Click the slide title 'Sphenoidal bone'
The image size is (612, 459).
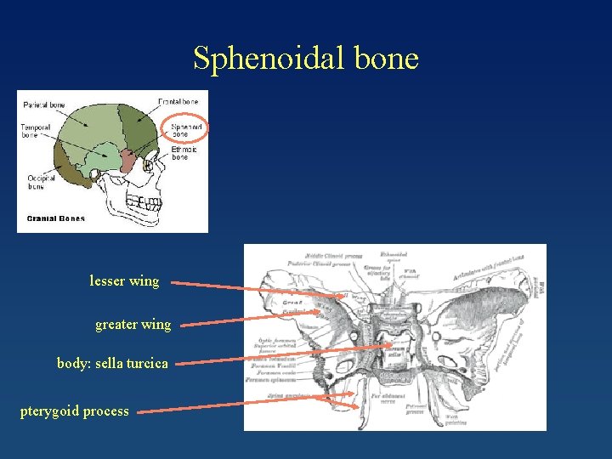coord(306,59)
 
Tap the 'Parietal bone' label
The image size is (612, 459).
coord(44,105)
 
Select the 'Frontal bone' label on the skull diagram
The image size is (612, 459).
coord(179,102)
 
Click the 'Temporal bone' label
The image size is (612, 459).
coord(36,131)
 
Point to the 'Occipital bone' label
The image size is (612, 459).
coord(41,182)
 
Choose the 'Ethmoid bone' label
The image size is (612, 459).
coord(184,153)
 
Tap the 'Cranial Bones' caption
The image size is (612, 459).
coord(56,218)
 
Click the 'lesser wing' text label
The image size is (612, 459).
coord(124,280)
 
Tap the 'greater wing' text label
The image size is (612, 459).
coord(133,324)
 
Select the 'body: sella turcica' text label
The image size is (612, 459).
coord(112,363)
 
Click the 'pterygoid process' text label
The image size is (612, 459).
coord(75,411)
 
